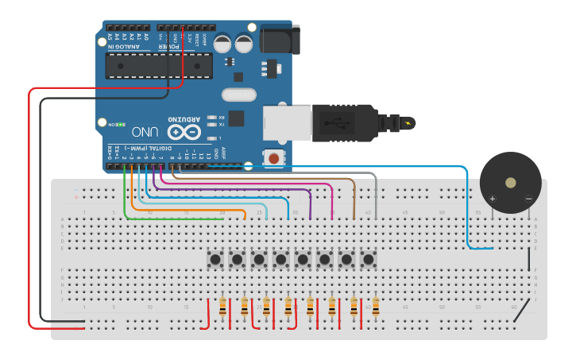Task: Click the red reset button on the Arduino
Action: click(273, 158)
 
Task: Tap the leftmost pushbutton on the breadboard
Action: click(215, 259)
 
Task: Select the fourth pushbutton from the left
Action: click(281, 259)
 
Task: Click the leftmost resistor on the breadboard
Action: click(222, 306)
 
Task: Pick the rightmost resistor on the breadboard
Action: click(375, 306)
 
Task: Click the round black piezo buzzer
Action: click(510, 182)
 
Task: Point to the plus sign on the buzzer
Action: click(493, 198)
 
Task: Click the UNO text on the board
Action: click(146, 131)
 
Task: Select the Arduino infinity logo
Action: click(184, 131)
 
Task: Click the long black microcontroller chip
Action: click(159, 66)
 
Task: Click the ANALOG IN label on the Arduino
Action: click(126, 47)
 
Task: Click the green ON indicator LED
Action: click(113, 124)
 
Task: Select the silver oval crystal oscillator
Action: click(239, 95)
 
